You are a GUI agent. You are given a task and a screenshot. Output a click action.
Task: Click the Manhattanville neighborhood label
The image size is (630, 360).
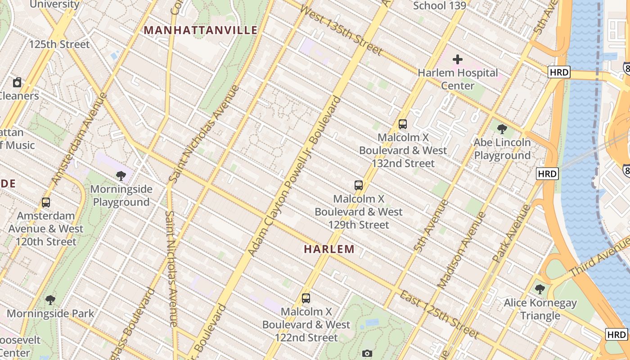pyautogui.click(x=201, y=30)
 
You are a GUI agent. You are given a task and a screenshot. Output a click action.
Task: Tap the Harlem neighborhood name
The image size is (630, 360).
pyautogui.click(x=329, y=249)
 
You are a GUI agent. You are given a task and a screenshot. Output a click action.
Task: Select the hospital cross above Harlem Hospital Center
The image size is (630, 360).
pyautogui.click(x=458, y=59)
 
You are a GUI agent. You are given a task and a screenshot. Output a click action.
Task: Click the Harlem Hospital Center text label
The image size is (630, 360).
pyautogui.click(x=458, y=79)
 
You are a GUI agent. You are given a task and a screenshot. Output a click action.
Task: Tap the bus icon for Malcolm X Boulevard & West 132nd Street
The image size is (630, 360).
pyautogui.click(x=403, y=124)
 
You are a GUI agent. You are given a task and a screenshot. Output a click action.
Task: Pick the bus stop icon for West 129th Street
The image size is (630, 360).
pyautogui.click(x=359, y=185)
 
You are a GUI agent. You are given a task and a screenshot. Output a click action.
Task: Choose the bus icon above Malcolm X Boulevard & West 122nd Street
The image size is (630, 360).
pyautogui.click(x=306, y=298)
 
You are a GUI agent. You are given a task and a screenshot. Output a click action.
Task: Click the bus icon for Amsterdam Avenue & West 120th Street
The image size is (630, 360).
pyautogui.click(x=46, y=202)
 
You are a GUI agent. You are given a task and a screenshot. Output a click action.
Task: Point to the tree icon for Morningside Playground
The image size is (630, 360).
pyautogui.click(x=121, y=175)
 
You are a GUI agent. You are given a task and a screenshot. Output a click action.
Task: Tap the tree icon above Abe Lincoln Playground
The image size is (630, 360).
pyautogui.click(x=502, y=129)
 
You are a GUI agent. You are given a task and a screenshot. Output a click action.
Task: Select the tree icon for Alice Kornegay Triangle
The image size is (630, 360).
pyautogui.click(x=540, y=289)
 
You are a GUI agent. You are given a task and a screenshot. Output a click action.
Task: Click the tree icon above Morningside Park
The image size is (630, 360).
pyautogui.click(x=50, y=300)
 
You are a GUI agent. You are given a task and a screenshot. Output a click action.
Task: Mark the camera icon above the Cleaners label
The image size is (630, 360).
pyautogui.click(x=17, y=82)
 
